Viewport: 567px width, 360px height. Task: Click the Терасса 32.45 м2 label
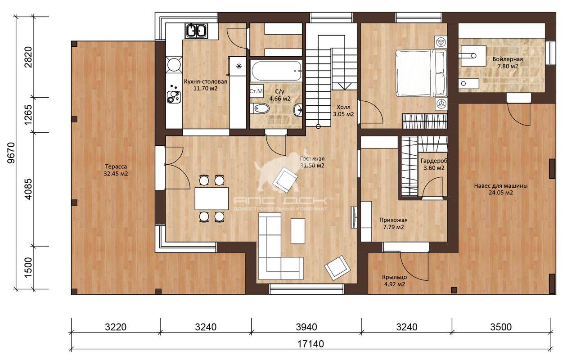(x=116, y=170)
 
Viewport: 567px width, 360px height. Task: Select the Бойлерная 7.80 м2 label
(x=508, y=63)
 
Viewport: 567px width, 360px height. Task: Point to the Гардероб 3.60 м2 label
(x=434, y=164)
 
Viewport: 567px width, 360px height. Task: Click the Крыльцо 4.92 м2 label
(x=394, y=281)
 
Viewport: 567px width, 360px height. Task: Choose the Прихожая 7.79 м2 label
(x=393, y=224)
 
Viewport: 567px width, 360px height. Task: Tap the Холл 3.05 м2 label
(x=343, y=111)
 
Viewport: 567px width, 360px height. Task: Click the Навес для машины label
(x=501, y=186)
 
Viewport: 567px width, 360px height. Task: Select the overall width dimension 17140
(x=310, y=344)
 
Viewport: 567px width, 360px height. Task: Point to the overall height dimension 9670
(x=11, y=153)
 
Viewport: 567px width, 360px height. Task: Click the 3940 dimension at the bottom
(x=306, y=327)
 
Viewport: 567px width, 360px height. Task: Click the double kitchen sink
(x=196, y=31)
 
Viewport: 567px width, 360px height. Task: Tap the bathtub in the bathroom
(x=276, y=71)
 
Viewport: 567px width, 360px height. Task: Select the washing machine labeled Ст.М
(x=256, y=91)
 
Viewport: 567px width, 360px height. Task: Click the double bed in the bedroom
(x=421, y=73)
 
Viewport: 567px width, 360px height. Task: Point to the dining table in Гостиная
(x=211, y=198)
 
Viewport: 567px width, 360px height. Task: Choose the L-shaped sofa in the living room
(x=280, y=246)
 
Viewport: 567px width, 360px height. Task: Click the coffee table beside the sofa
(x=298, y=231)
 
